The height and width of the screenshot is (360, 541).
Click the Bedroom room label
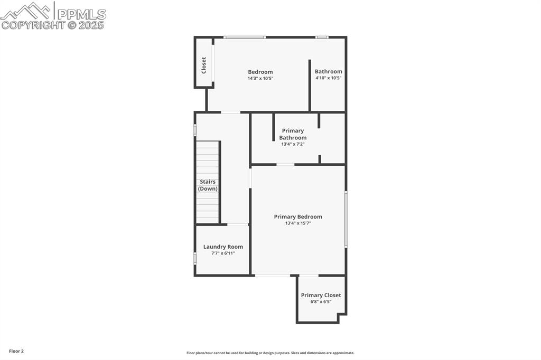pyautogui.click(x=260, y=72)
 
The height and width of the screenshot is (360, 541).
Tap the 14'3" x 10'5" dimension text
pyautogui.click(x=260, y=79)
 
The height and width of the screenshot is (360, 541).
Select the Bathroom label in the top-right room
pyautogui.click(x=328, y=71)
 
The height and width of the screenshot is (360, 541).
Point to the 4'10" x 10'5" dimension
pyautogui.click(x=328, y=78)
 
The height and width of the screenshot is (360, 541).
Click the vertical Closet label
pyautogui.click(x=204, y=65)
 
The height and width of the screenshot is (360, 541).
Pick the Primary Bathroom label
pyautogui.click(x=293, y=134)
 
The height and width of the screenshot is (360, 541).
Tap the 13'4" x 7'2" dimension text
pyautogui.click(x=293, y=144)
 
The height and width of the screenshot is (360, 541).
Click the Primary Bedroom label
pyautogui.click(x=298, y=216)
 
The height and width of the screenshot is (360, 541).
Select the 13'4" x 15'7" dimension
pyautogui.click(x=298, y=223)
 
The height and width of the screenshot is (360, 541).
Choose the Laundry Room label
pyautogui.click(x=223, y=247)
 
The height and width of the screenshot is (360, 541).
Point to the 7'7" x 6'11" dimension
pyautogui.click(x=223, y=253)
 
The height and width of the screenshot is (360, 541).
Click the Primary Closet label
pyautogui.click(x=321, y=295)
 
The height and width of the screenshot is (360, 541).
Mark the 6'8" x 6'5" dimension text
pyautogui.click(x=321, y=302)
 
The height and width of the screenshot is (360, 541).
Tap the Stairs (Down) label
pyautogui.click(x=208, y=185)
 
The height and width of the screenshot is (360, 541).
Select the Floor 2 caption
pyautogui.click(x=16, y=351)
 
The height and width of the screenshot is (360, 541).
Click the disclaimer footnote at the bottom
pyautogui.click(x=270, y=353)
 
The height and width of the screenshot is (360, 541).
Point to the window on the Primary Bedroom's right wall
pyautogui.click(x=346, y=219)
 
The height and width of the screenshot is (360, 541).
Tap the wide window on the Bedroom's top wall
pyautogui.click(x=244, y=37)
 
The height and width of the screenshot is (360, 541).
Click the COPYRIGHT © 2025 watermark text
pyautogui.click(x=53, y=25)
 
